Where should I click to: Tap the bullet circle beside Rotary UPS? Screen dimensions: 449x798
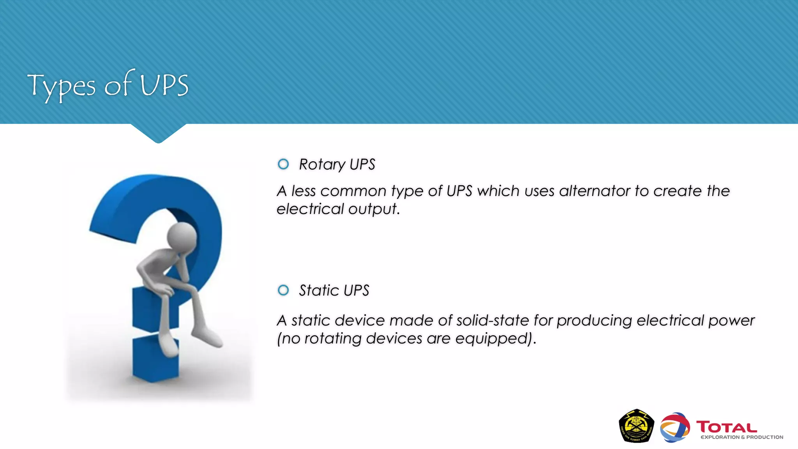point(283,164)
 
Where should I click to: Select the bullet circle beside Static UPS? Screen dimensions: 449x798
point(283,290)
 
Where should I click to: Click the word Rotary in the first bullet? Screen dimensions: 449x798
point(322,164)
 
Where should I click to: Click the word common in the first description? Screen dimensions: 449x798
point(353,191)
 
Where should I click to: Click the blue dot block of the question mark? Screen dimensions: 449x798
point(155,359)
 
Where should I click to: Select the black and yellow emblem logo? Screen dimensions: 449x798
point(636,426)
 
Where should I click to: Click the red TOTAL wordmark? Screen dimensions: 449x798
point(726,427)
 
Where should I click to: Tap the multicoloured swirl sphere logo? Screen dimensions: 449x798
point(675,428)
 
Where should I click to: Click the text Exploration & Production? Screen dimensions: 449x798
point(742,437)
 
